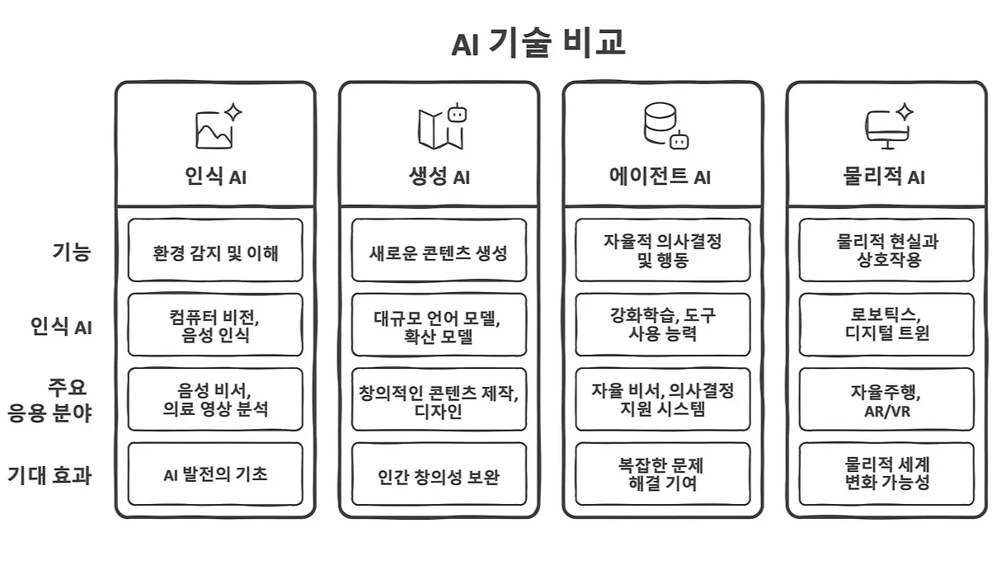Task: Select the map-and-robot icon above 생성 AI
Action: tap(440, 126)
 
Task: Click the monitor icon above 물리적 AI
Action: tap(888, 126)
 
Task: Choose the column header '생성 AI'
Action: tap(440, 177)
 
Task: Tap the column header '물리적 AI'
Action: tap(885, 177)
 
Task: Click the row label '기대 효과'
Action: tap(49, 475)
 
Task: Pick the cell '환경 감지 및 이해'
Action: tap(215, 251)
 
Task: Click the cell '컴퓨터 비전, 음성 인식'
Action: tap(215, 325)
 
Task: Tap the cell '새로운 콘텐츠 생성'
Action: tap(439, 251)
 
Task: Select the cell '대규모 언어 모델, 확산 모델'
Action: tap(439, 325)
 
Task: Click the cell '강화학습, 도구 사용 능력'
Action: tap(663, 325)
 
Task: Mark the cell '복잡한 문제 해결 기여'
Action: tap(663, 474)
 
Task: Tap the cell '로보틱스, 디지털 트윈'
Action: tap(886, 325)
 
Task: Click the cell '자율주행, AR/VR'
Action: tap(886, 399)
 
